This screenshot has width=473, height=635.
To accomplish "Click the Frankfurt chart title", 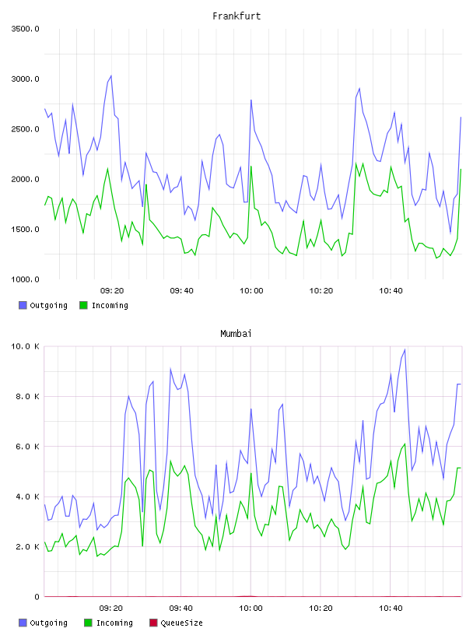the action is coord(236,16).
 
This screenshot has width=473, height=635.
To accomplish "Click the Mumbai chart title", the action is coord(236,334).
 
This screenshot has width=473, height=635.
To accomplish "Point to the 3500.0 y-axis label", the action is coord(25,29).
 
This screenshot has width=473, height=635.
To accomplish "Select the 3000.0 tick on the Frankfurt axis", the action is coord(25,79).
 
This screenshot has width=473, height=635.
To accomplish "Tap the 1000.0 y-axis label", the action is coord(25,279).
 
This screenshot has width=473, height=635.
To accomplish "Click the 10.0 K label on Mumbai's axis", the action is coord(25,346).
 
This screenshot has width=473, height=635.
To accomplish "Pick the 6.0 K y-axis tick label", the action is coord(27,446).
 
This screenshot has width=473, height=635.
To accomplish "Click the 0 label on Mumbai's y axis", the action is coord(37,597).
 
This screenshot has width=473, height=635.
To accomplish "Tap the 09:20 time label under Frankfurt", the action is coord(112,291).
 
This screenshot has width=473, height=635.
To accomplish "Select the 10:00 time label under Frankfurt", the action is coord(251,291).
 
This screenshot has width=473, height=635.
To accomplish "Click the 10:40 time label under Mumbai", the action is coord(391,609).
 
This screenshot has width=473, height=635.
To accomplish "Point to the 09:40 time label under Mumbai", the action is coord(181,609).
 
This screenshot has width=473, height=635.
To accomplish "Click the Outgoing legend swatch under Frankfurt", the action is coord(23,305).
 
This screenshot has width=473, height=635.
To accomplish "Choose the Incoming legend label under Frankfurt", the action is coord(110,306).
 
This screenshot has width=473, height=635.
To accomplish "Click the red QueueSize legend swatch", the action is coord(153,623).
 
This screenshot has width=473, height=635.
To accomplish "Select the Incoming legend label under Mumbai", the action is coord(114,623).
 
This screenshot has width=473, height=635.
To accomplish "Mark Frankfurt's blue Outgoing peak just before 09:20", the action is coord(111,75).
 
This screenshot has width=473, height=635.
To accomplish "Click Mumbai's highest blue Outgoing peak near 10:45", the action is coord(405,349).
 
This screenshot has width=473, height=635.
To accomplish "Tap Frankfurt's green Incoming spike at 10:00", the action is coord(251,167).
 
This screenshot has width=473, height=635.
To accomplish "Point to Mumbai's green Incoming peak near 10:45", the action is coord(405,444).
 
